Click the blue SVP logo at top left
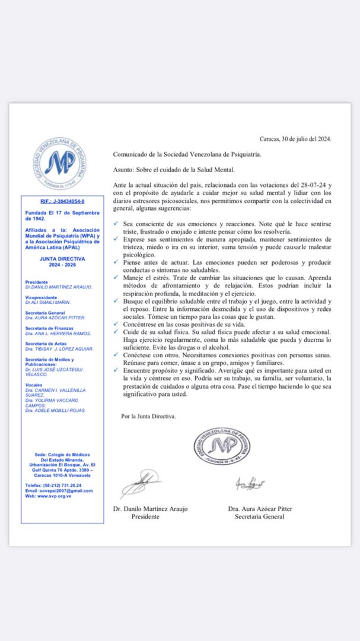(x=57, y=163)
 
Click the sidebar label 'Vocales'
(x=33, y=385)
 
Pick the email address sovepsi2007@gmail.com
(x=62, y=491)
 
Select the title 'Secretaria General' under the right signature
(x=260, y=516)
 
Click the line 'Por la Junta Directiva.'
(x=148, y=416)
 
